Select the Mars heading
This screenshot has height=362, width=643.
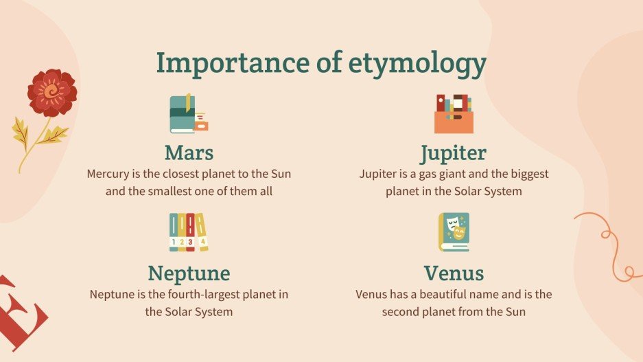click(x=189, y=152)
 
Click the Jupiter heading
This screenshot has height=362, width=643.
click(x=454, y=152)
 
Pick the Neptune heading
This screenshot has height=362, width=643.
click(x=189, y=273)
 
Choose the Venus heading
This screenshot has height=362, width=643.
click(x=454, y=273)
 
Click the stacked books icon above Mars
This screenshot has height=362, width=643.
click(x=187, y=113)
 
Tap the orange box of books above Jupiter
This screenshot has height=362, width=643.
click(x=454, y=114)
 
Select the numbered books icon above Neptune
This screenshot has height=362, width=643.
click(x=188, y=232)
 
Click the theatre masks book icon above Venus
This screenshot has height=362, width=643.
click(x=454, y=232)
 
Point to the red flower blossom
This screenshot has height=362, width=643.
click(x=51, y=93)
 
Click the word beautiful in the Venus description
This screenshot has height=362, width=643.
click(x=443, y=295)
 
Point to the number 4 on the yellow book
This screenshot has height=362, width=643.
click(x=202, y=241)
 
